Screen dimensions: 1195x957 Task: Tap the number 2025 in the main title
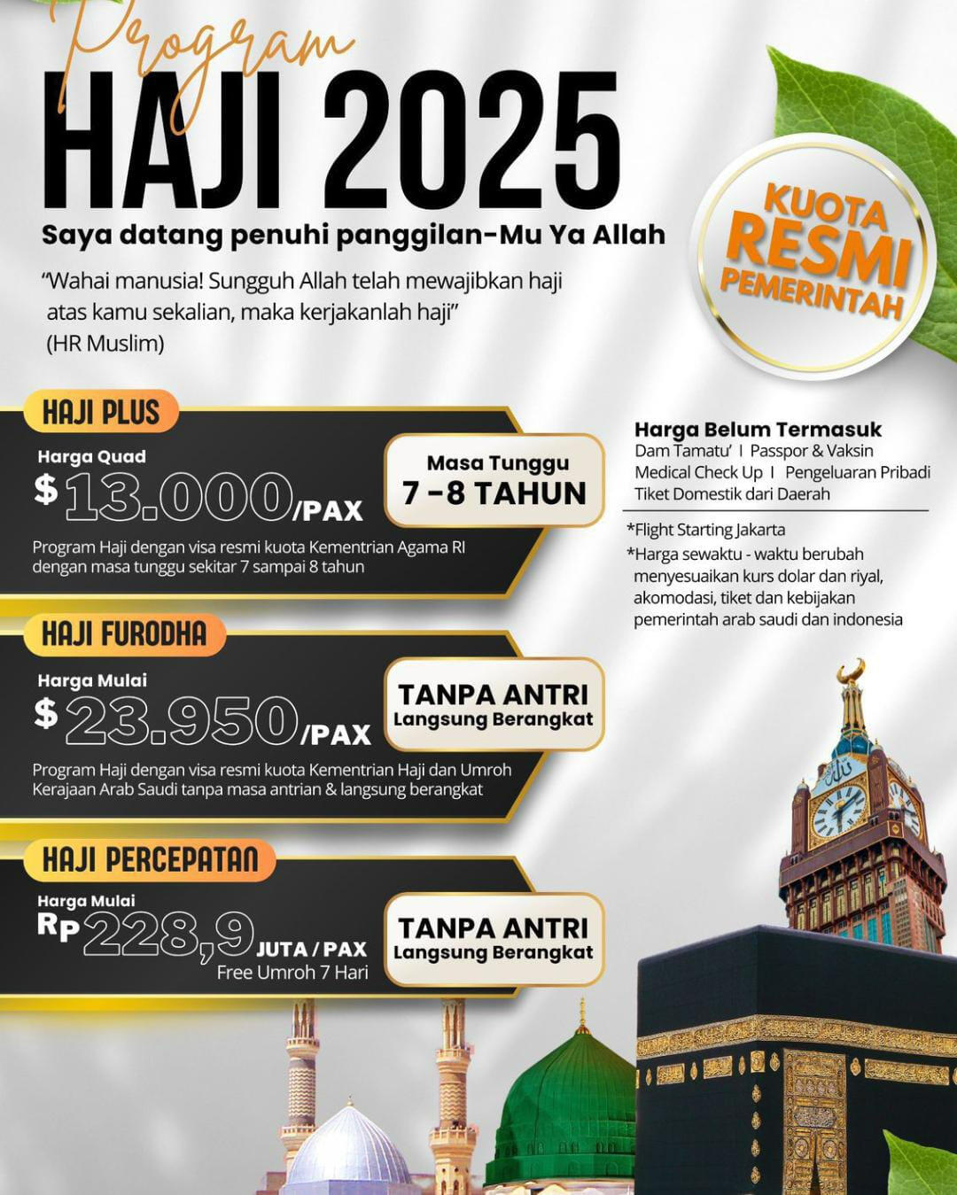coord(471,142)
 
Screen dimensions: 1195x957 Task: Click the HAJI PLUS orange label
coord(101,413)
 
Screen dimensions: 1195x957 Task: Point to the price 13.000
coord(178,498)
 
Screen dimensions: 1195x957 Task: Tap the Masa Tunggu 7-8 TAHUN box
coord(494,480)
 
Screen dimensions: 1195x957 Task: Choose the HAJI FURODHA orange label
coord(124,634)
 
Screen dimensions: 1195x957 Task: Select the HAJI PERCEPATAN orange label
coord(150,860)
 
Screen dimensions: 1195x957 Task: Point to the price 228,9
coord(168,935)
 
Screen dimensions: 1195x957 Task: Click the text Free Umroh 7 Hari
coord(292,973)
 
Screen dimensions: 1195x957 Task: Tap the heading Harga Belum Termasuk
coord(758,431)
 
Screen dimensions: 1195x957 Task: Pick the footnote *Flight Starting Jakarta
coord(705,530)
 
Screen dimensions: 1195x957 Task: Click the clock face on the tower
coord(838,811)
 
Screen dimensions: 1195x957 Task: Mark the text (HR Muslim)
coord(105,344)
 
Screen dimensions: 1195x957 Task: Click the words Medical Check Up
coord(698,472)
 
